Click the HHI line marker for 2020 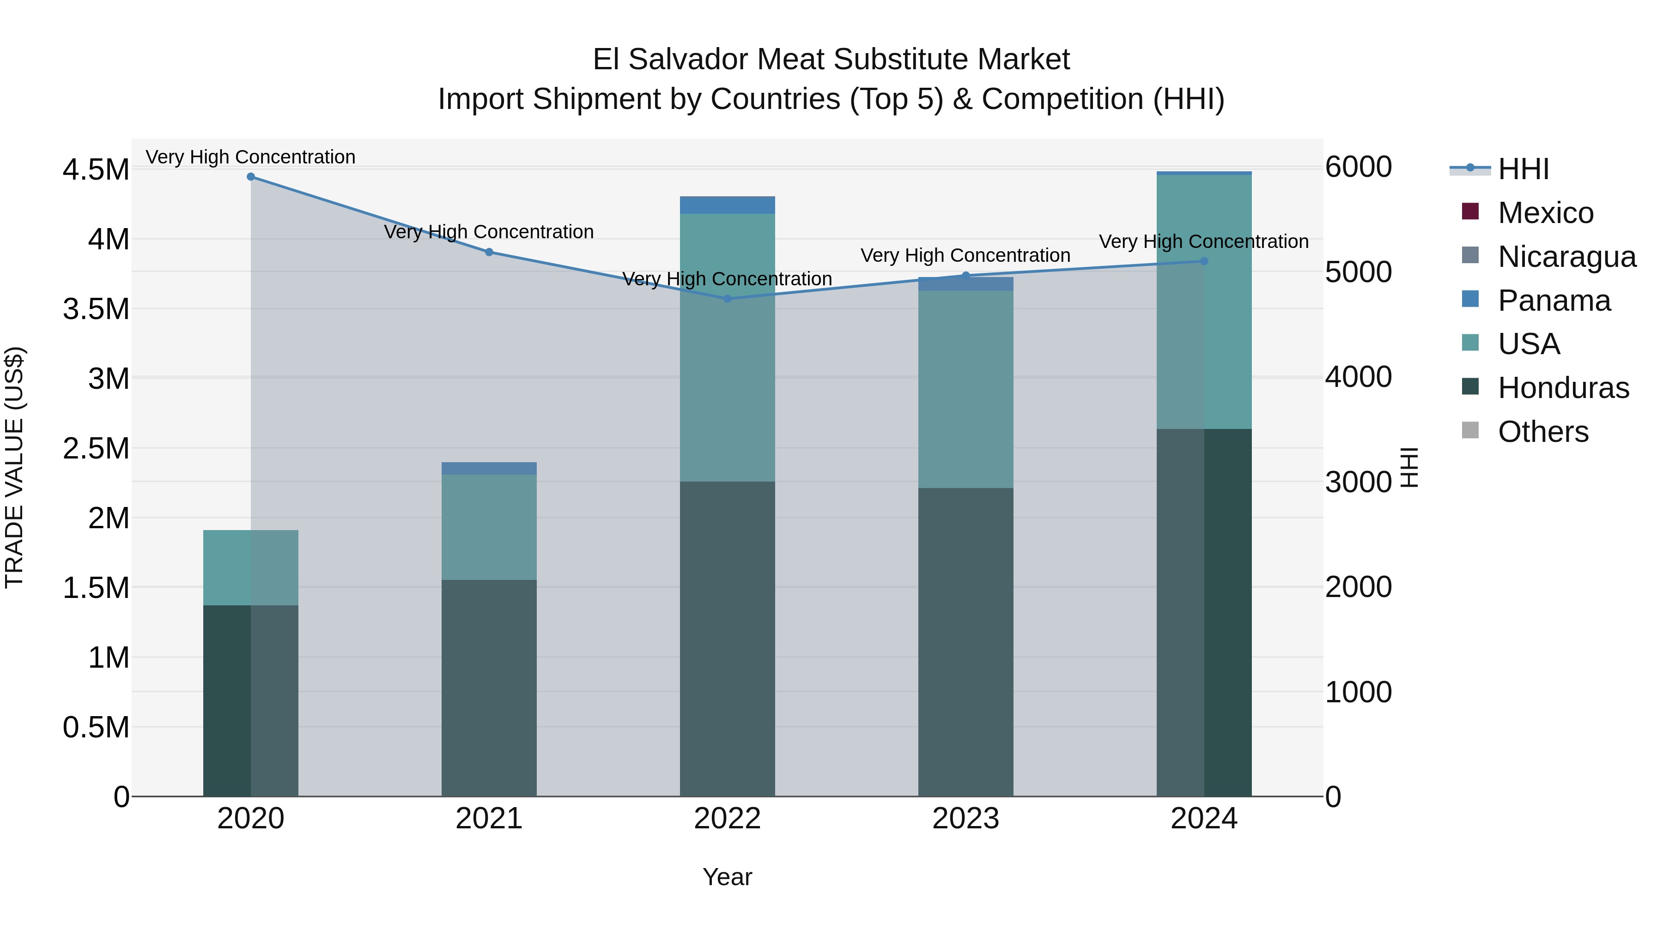(x=250, y=177)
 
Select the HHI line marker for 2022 (x=727, y=299)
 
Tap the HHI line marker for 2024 (x=1203, y=261)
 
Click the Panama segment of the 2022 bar (x=727, y=205)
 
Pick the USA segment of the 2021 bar (x=489, y=527)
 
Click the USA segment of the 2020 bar (x=250, y=568)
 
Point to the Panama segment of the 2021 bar (x=489, y=469)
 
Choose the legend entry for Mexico (x=1545, y=213)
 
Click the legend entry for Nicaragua (x=1566, y=257)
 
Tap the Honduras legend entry (x=1562, y=388)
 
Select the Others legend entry (x=1542, y=432)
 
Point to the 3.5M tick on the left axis (x=96, y=309)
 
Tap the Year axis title (x=727, y=877)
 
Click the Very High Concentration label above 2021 (x=489, y=232)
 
